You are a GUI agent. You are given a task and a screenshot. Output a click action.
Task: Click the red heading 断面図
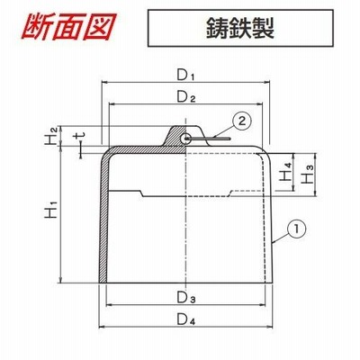(69, 26)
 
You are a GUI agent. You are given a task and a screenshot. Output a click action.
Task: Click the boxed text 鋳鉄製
(240, 28)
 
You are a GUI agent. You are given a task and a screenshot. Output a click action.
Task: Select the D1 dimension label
(185, 76)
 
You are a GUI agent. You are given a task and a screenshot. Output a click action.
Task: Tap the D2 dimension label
(186, 97)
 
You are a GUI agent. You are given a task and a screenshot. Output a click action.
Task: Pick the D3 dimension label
(186, 298)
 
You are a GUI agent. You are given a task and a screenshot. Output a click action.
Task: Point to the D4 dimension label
(186, 319)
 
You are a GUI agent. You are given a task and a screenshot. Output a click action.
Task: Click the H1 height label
(50, 211)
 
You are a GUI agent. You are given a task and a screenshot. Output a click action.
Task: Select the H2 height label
(50, 136)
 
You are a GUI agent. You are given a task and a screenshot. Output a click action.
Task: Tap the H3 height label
(308, 175)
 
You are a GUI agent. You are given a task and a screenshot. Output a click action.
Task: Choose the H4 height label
(284, 172)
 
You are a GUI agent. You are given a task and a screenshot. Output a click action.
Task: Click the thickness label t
(79, 138)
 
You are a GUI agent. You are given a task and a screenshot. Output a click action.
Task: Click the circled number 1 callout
(296, 229)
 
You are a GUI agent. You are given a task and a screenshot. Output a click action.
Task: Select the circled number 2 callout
(242, 121)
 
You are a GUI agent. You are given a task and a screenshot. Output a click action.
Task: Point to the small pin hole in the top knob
(184, 139)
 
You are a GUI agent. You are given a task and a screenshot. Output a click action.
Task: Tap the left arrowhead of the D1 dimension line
(104, 81)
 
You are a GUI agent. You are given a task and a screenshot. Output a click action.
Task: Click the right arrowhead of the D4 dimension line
(270, 326)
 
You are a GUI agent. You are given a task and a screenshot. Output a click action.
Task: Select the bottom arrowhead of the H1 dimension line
(61, 280)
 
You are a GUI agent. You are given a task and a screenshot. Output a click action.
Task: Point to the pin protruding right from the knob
(208, 139)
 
